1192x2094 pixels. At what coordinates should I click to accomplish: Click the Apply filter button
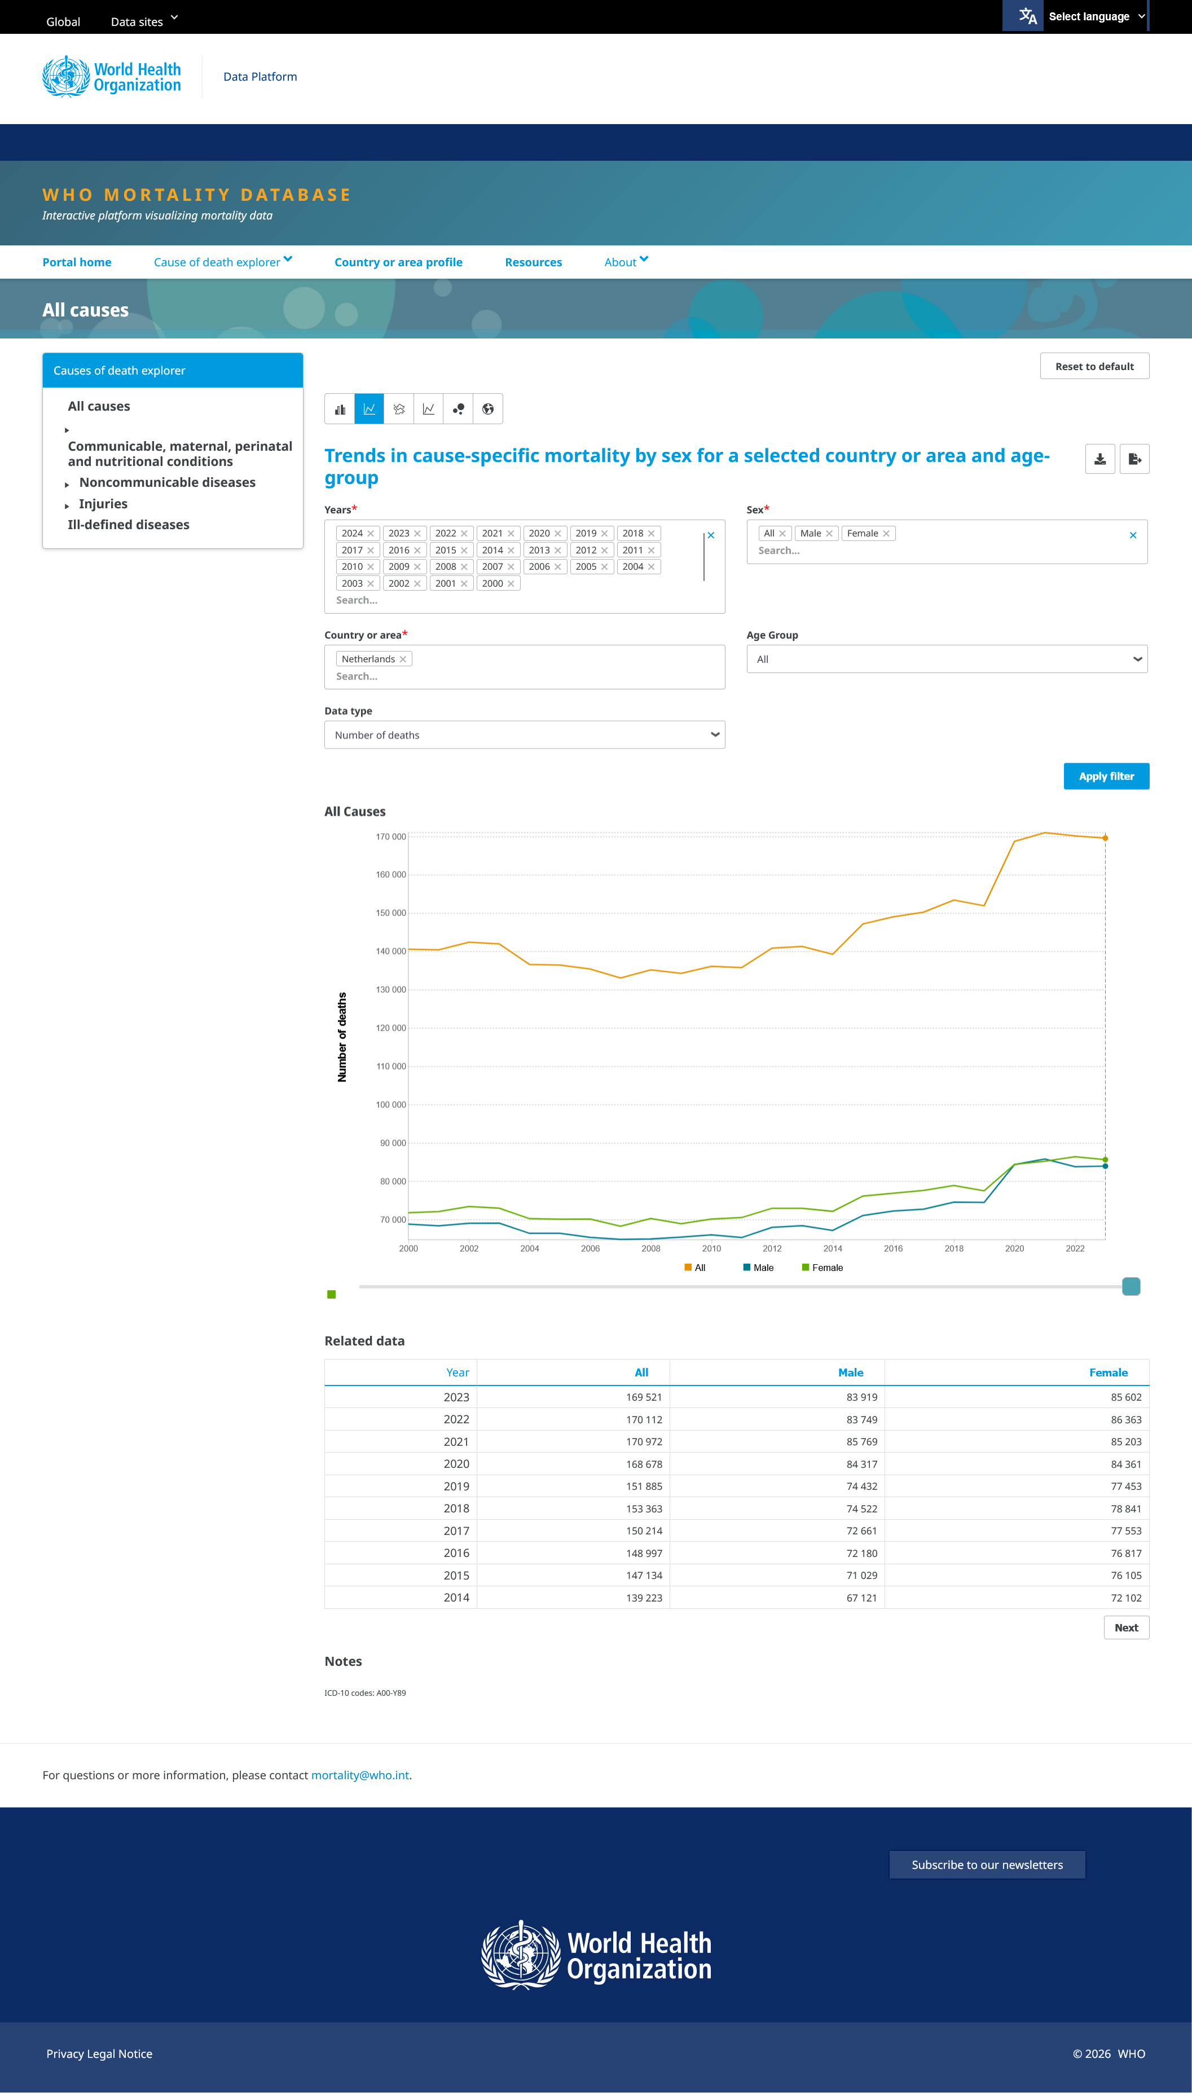click(x=1106, y=776)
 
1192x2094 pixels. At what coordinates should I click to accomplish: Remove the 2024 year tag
click(x=370, y=534)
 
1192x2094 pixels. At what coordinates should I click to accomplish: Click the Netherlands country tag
click(x=368, y=659)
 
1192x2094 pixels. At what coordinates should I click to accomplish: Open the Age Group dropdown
click(x=947, y=659)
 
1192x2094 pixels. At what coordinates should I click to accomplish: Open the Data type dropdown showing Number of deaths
click(x=524, y=735)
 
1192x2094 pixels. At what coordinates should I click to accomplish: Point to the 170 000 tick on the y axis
click(x=390, y=837)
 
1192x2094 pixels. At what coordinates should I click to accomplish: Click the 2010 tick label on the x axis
click(x=711, y=1248)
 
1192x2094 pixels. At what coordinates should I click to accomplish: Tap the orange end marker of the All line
click(x=1105, y=838)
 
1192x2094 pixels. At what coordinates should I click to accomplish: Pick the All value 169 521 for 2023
click(x=644, y=1397)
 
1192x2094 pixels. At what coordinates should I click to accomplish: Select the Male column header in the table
click(x=851, y=1373)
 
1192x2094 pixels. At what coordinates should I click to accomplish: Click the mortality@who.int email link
click(x=360, y=1775)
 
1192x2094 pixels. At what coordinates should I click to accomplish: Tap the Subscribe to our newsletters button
click(x=987, y=1865)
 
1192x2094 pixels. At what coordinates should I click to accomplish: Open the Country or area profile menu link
click(x=399, y=262)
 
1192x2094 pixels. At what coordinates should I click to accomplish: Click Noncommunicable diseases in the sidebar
click(x=167, y=482)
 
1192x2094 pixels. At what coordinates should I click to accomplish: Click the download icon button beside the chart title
click(x=1099, y=459)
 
